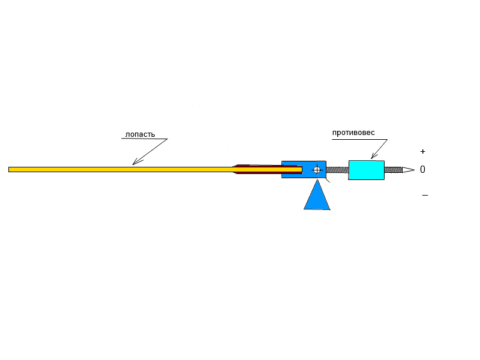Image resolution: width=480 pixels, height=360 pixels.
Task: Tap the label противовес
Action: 353,133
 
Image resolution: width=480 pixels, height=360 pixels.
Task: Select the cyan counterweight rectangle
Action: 366,170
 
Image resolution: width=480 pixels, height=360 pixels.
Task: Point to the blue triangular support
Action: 317,198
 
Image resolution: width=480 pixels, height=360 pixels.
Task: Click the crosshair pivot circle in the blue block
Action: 317,170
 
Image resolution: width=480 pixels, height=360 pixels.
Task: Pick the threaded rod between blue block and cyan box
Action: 337,170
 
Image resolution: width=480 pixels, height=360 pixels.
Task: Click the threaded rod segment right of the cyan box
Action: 393,170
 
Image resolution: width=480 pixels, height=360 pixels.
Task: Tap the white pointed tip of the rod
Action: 408,170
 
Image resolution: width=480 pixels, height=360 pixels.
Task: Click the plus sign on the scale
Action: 423,152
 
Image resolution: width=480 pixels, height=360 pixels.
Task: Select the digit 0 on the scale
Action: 422,170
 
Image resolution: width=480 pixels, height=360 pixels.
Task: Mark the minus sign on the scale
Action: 425,195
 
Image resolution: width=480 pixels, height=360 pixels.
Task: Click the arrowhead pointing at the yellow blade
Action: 135,162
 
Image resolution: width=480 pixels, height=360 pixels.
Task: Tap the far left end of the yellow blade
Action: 10,169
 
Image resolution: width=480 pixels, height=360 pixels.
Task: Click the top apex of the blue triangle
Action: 317,181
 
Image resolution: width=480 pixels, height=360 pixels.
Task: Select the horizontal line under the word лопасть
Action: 144,139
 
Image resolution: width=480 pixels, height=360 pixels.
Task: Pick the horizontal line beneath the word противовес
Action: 359,140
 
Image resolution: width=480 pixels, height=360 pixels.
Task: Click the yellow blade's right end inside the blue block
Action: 299,169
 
